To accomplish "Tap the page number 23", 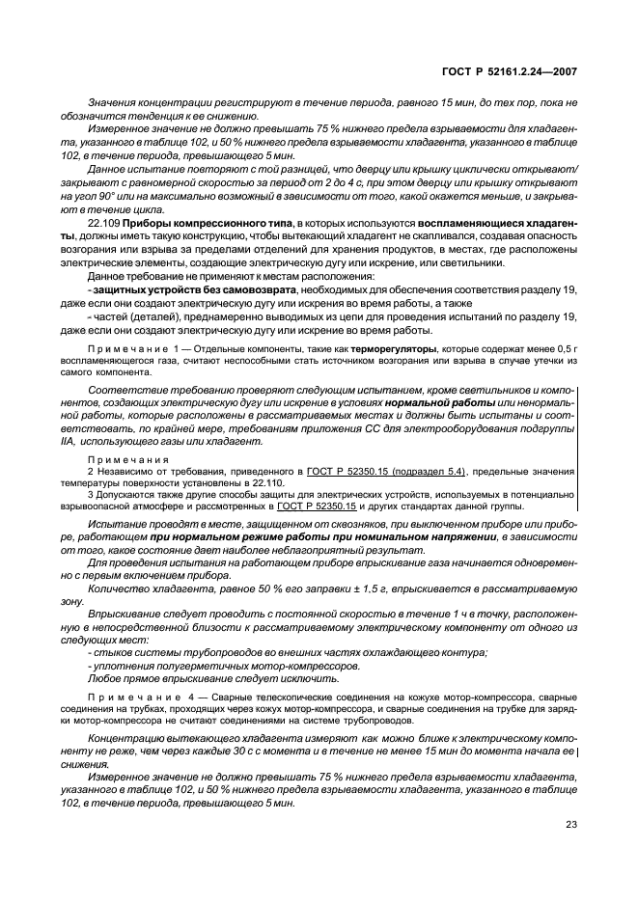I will (x=570, y=825).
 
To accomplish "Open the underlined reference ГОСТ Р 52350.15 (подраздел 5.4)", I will (x=386, y=471).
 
